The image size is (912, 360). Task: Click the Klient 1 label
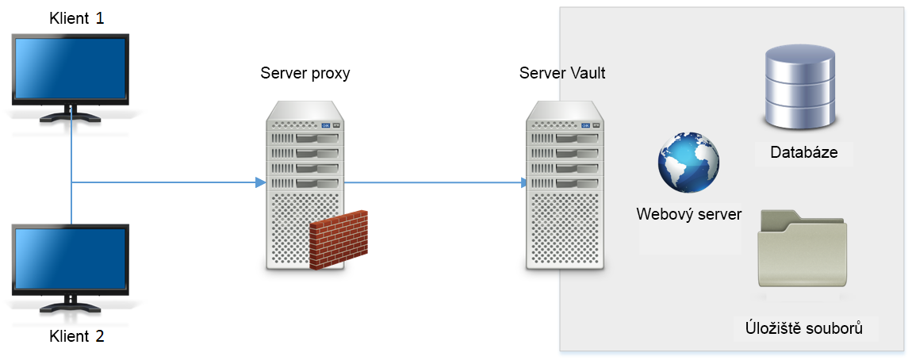pos(76,18)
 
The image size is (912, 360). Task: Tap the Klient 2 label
pos(76,335)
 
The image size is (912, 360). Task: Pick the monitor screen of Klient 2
pos(70,259)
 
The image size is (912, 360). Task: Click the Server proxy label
pos(305,74)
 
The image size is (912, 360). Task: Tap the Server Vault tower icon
pos(565,186)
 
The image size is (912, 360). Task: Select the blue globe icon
pos(688,163)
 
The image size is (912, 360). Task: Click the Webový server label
pos(688,214)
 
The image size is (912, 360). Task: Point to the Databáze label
pos(803,152)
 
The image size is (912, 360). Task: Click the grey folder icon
pos(802,247)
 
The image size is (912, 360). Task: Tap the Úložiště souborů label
pos(803,327)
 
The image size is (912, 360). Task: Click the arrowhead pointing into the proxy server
pos(259,183)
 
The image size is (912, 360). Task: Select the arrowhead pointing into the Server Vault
pos(524,183)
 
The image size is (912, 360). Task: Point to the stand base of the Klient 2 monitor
pos(71,308)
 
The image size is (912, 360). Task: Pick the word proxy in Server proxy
pos(328,75)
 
